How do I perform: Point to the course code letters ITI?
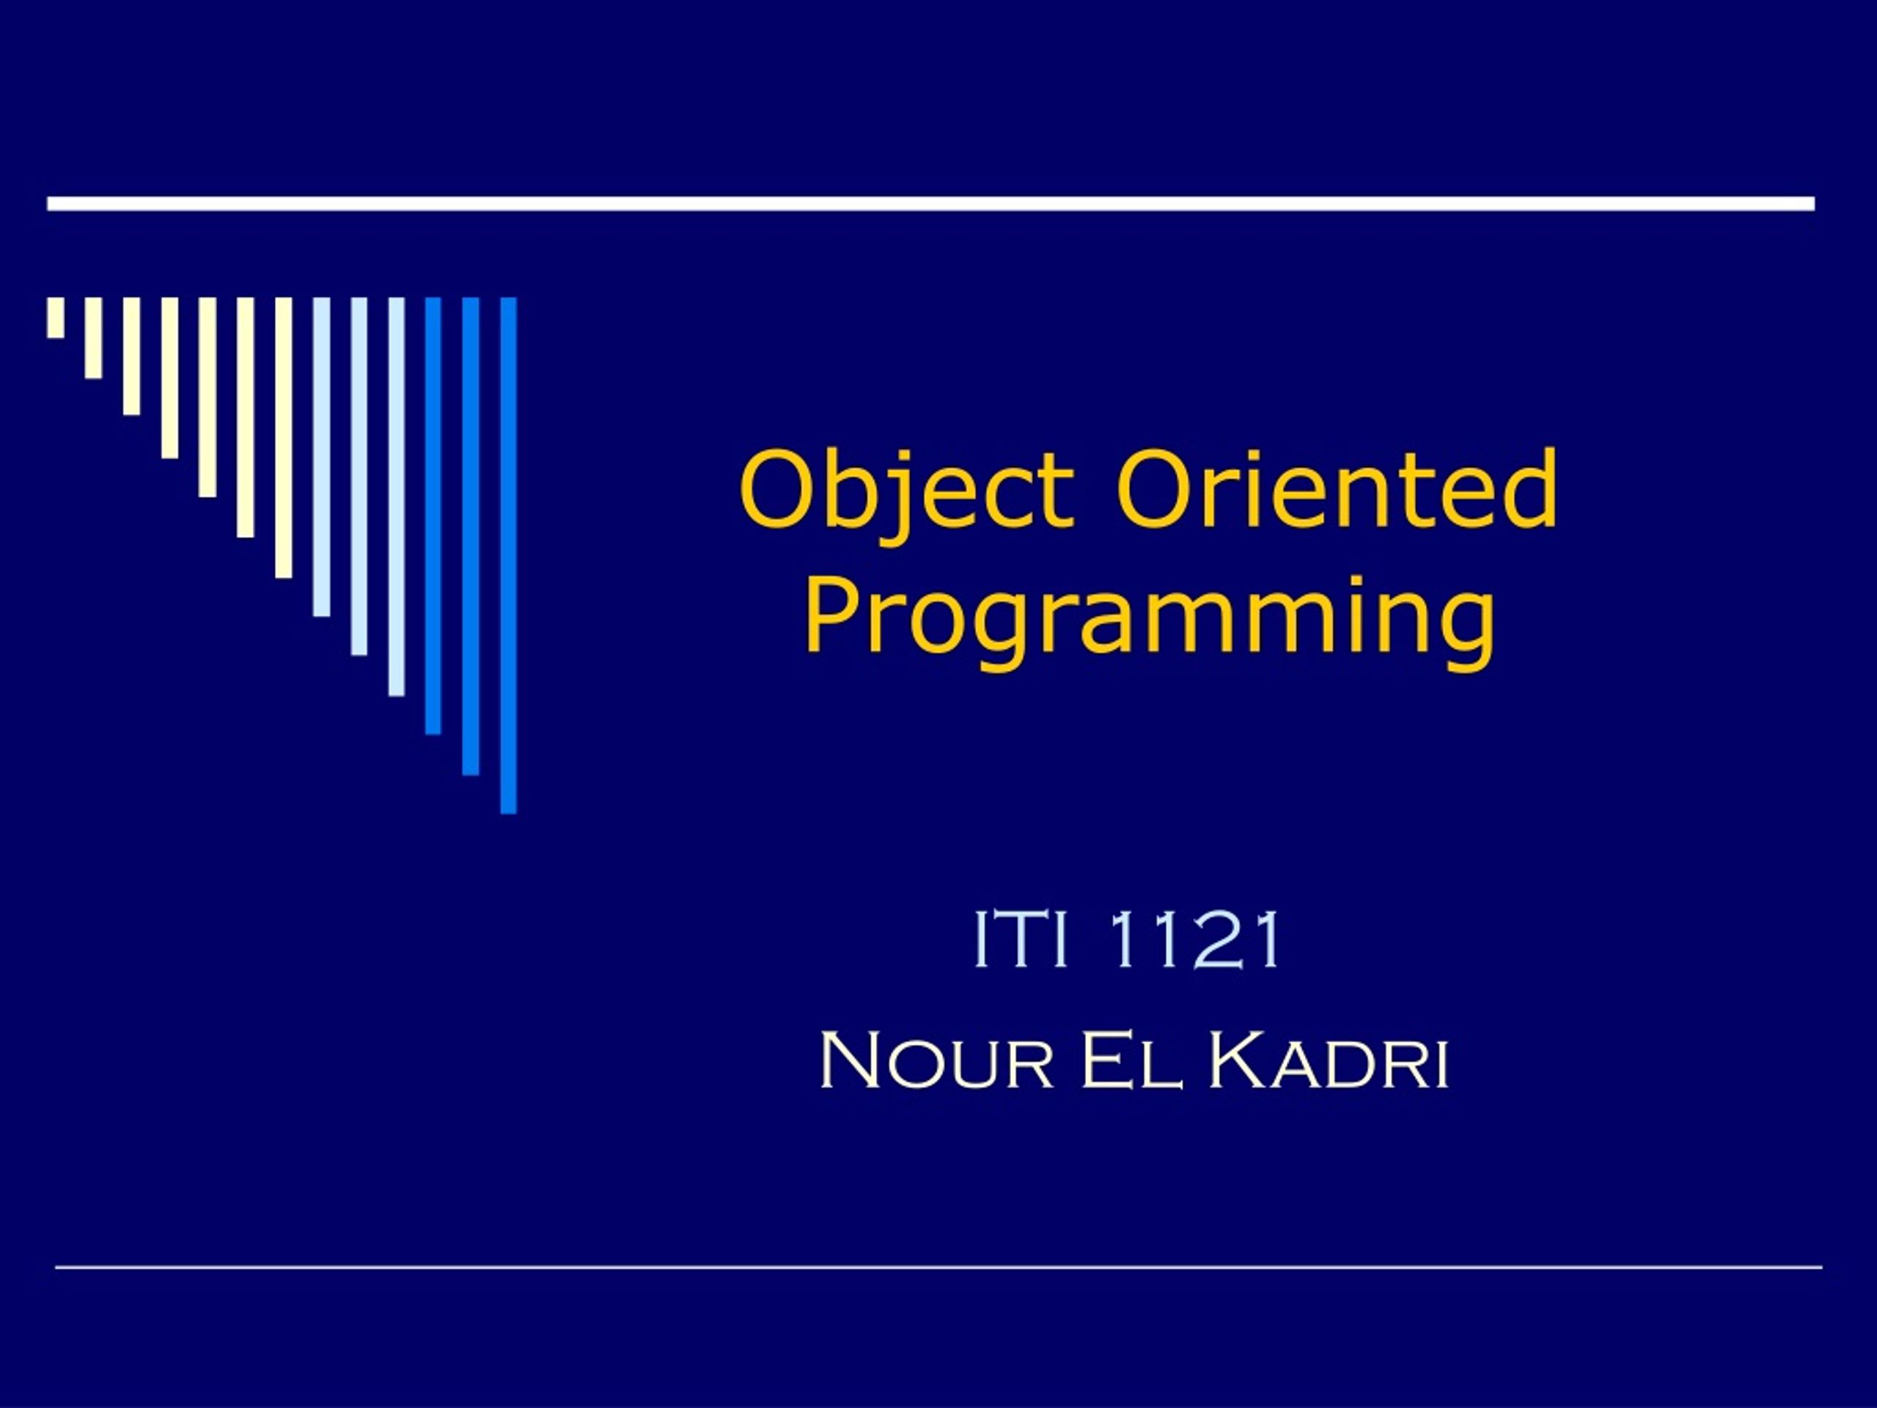[1020, 939]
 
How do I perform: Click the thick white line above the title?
[931, 204]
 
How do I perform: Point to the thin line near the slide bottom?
[938, 1267]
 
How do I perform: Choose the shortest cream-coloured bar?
[56, 318]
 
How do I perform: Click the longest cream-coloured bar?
[284, 438]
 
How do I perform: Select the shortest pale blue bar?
[320, 457]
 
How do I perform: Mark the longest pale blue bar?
[396, 496]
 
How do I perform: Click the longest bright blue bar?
[508, 555]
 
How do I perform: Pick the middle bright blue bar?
[471, 536]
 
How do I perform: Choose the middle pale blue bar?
[359, 476]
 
